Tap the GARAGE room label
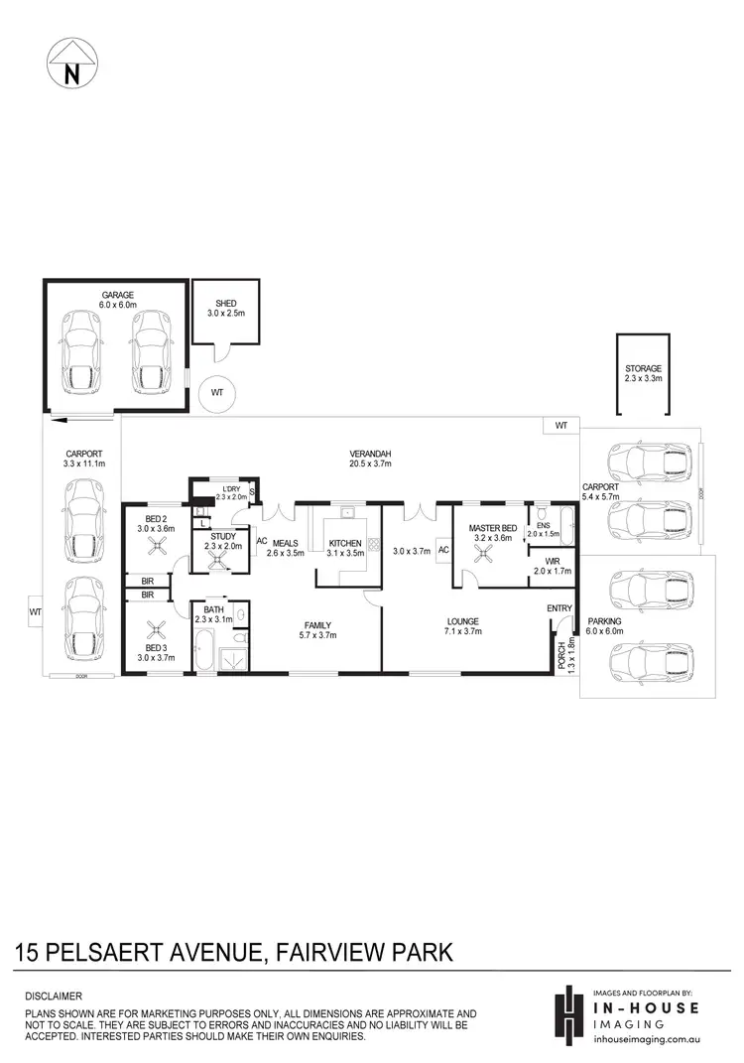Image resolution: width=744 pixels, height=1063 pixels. click(x=117, y=295)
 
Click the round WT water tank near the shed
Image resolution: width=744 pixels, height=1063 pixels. click(x=216, y=393)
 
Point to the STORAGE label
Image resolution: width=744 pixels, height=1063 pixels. click(x=643, y=368)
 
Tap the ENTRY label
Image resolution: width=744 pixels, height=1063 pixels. click(x=559, y=608)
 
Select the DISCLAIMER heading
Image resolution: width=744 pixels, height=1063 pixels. click(x=53, y=996)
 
